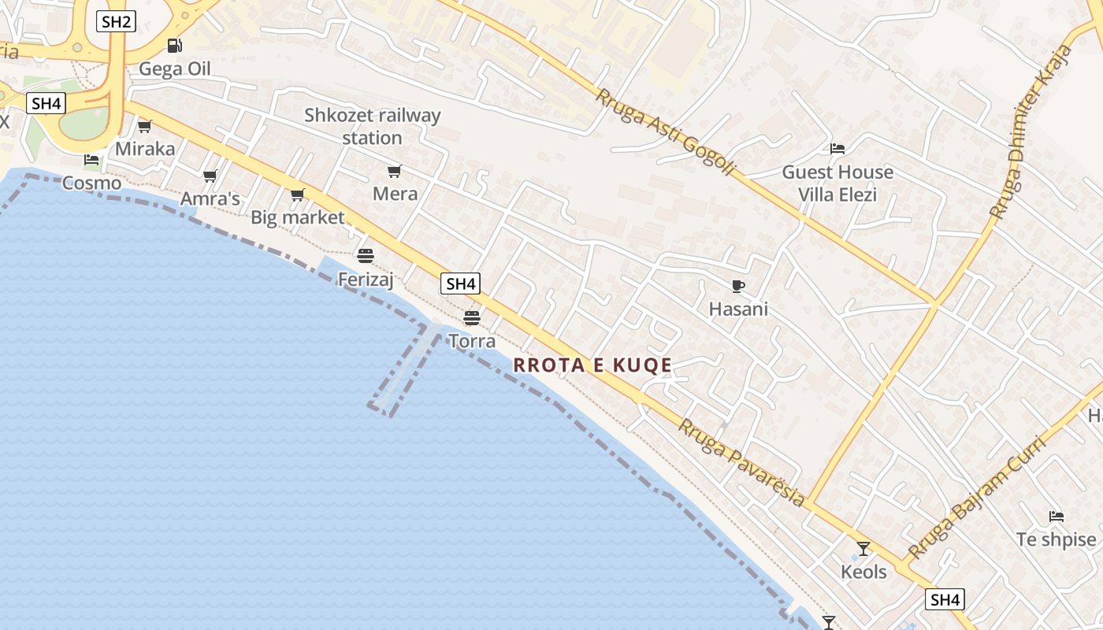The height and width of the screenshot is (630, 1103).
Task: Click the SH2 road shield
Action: pyautogui.click(x=116, y=21)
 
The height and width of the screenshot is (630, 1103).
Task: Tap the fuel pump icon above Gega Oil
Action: pyautogui.click(x=174, y=46)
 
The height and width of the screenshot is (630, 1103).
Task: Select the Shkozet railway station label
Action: pyautogui.click(x=373, y=126)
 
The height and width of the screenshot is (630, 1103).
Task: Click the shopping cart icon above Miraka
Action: pyautogui.click(x=145, y=126)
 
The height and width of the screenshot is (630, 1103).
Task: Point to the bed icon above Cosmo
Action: pyautogui.click(x=91, y=160)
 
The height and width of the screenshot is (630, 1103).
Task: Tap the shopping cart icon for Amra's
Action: pyautogui.click(x=210, y=176)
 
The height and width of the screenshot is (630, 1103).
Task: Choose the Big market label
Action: pyautogui.click(x=298, y=217)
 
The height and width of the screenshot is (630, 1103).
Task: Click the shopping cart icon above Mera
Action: pyautogui.click(x=395, y=171)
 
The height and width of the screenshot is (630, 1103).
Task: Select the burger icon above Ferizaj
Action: pyautogui.click(x=365, y=255)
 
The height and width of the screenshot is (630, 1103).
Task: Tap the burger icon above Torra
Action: pyautogui.click(x=471, y=317)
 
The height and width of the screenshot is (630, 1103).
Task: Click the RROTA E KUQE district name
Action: pyautogui.click(x=592, y=365)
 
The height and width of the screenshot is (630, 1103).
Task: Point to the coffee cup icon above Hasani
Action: pyautogui.click(x=737, y=286)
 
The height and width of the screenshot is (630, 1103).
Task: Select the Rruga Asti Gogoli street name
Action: pyautogui.click(x=666, y=132)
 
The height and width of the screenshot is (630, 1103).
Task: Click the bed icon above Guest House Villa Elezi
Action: pyautogui.click(x=837, y=148)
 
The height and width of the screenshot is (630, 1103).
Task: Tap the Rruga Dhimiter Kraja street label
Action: pyautogui.click(x=1031, y=132)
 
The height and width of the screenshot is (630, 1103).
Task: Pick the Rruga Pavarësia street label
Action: pyautogui.click(x=742, y=462)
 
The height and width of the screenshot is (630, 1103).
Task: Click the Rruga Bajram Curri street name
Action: pyautogui.click(x=977, y=498)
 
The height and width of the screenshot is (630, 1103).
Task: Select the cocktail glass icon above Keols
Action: pyautogui.click(x=863, y=548)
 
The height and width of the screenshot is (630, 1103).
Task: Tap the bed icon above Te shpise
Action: pyautogui.click(x=1057, y=517)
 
